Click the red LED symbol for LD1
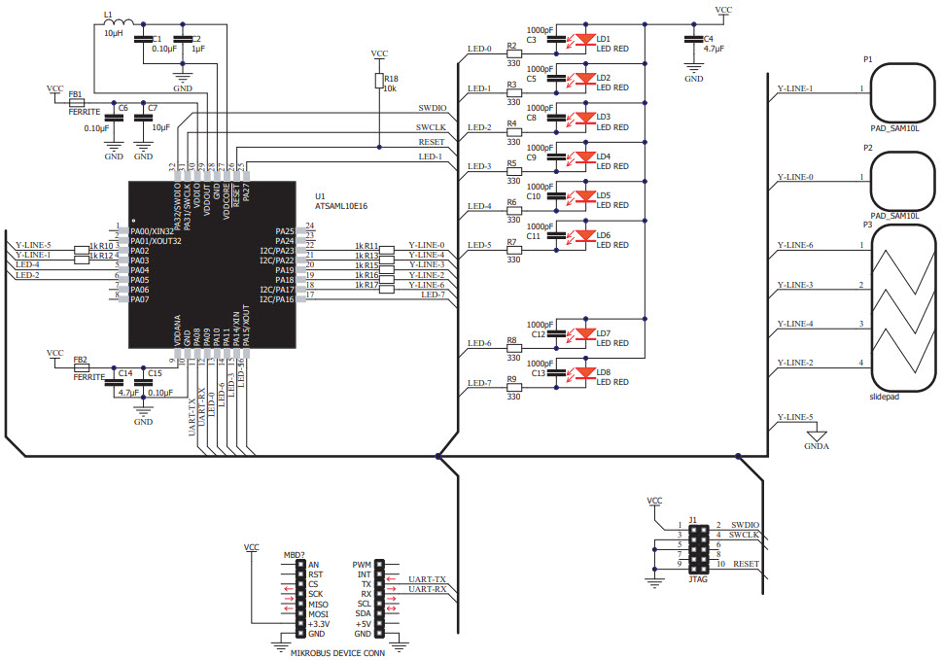(584, 40)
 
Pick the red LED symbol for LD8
(584, 373)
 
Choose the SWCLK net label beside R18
(431, 127)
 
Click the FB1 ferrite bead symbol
(76, 101)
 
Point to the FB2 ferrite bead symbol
(80, 367)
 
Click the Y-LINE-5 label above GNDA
(794, 417)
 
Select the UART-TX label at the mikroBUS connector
(427, 578)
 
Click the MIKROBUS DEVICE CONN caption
(337, 652)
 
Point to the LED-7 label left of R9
(479, 383)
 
